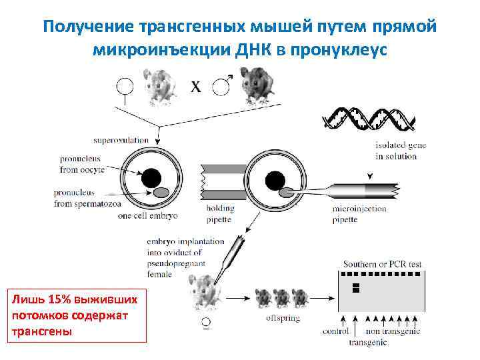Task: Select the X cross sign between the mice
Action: click(x=195, y=87)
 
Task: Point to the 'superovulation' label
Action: click(x=121, y=141)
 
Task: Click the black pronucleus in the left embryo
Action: click(x=151, y=178)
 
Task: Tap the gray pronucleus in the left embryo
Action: click(x=161, y=193)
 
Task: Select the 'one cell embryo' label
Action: click(x=146, y=215)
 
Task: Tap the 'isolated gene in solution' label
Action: click(x=400, y=151)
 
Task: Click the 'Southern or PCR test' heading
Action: click(x=382, y=264)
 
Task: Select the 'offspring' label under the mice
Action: click(x=283, y=318)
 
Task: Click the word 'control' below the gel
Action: click(x=335, y=331)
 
